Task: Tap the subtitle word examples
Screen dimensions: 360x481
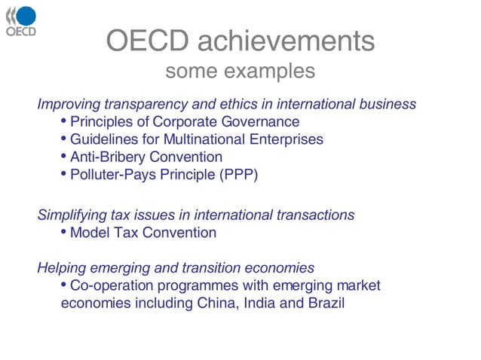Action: coord(272,72)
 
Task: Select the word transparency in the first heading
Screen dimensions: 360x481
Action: coord(146,103)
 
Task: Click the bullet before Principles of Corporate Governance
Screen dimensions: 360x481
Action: coord(63,121)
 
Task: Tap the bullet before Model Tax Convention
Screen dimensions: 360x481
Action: coord(63,233)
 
